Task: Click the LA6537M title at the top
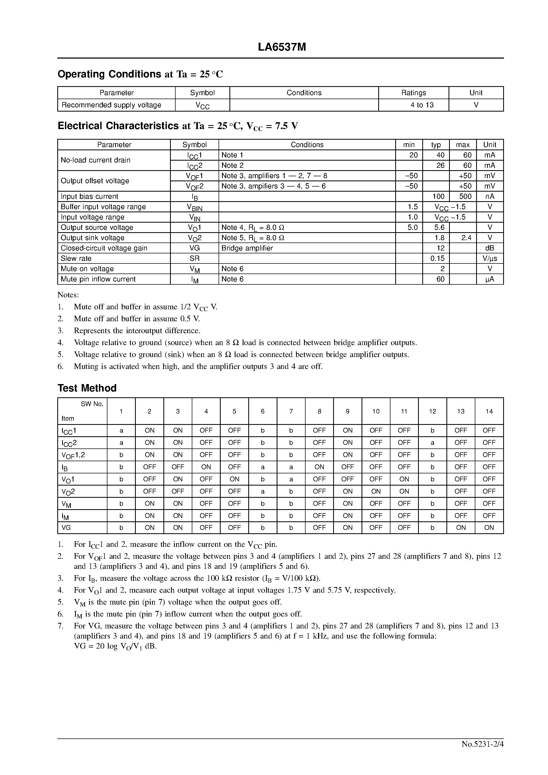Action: pyautogui.click(x=282, y=47)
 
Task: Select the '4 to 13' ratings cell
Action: pyautogui.click(x=422, y=105)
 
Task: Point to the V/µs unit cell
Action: pyautogui.click(x=490, y=259)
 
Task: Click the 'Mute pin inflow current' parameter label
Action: pyautogui.click(x=98, y=279)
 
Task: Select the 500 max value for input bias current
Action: pyautogui.click(x=465, y=196)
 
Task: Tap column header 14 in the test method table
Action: pyautogui.click(x=489, y=411)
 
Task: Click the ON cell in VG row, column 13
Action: pyautogui.click(x=460, y=528)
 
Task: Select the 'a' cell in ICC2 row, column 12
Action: pyautogui.click(x=432, y=443)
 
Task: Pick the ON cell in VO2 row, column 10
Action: pyautogui.click(x=376, y=491)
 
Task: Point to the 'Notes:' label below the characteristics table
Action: pyautogui.click(x=68, y=295)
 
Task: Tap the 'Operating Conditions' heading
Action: pyautogui.click(x=109, y=74)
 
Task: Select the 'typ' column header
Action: pyautogui.click(x=436, y=145)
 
